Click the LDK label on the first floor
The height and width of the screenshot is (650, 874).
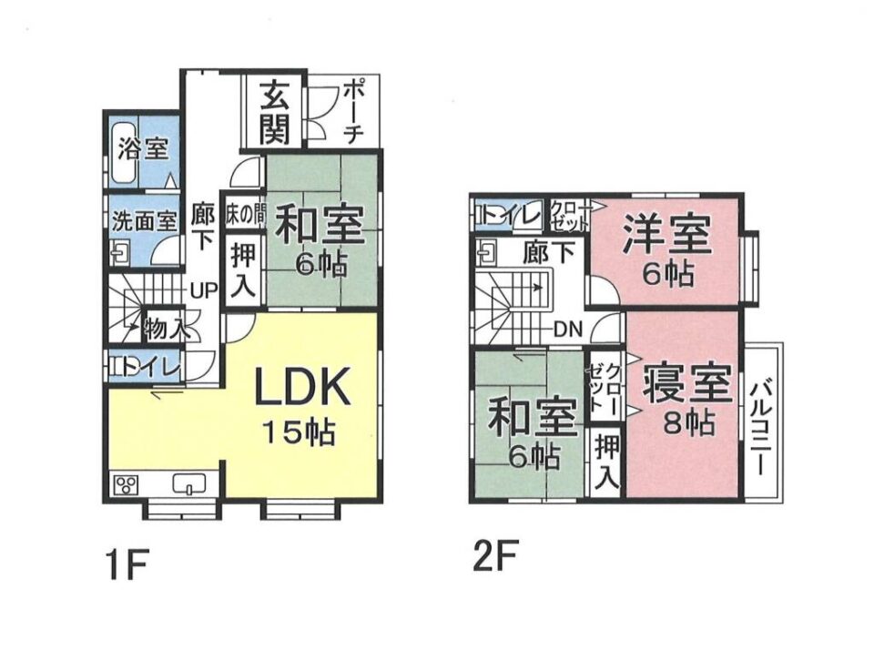[302, 386]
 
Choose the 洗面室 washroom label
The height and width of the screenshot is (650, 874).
[145, 222]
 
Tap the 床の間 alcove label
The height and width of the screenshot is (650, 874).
[245, 215]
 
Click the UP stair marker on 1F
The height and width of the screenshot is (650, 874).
[203, 290]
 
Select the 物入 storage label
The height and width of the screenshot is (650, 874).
[165, 328]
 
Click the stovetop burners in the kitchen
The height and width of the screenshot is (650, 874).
[126, 483]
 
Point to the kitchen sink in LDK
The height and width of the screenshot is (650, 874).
[190, 482]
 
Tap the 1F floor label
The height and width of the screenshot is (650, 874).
[127, 564]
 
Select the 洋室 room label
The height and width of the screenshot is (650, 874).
[666, 234]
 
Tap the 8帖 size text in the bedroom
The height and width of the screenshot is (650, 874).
[689, 422]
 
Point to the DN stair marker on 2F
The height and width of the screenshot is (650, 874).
[568, 330]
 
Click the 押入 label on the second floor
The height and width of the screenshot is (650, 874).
[606, 462]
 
